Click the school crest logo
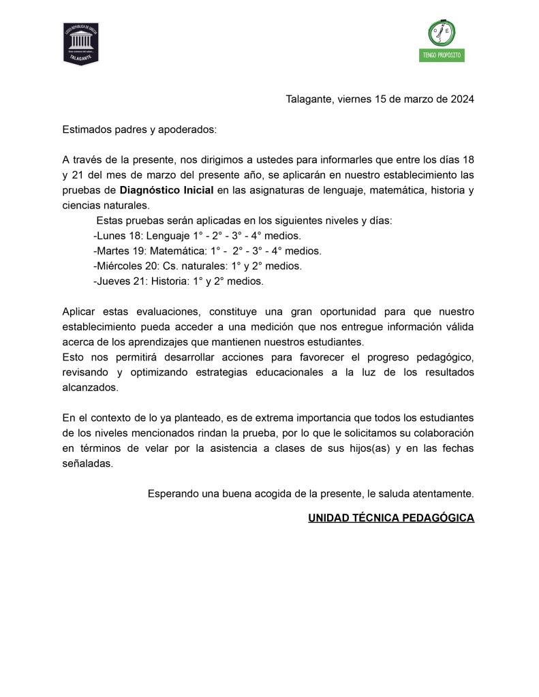(81, 43)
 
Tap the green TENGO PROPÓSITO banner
(442, 55)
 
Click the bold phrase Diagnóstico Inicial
(167, 190)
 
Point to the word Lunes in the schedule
(110, 236)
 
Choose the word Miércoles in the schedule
(117, 266)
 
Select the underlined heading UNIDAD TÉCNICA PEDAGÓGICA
(391, 518)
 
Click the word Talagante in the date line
(309, 99)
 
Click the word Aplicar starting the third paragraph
(78, 311)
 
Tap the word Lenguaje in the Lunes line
(169, 236)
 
